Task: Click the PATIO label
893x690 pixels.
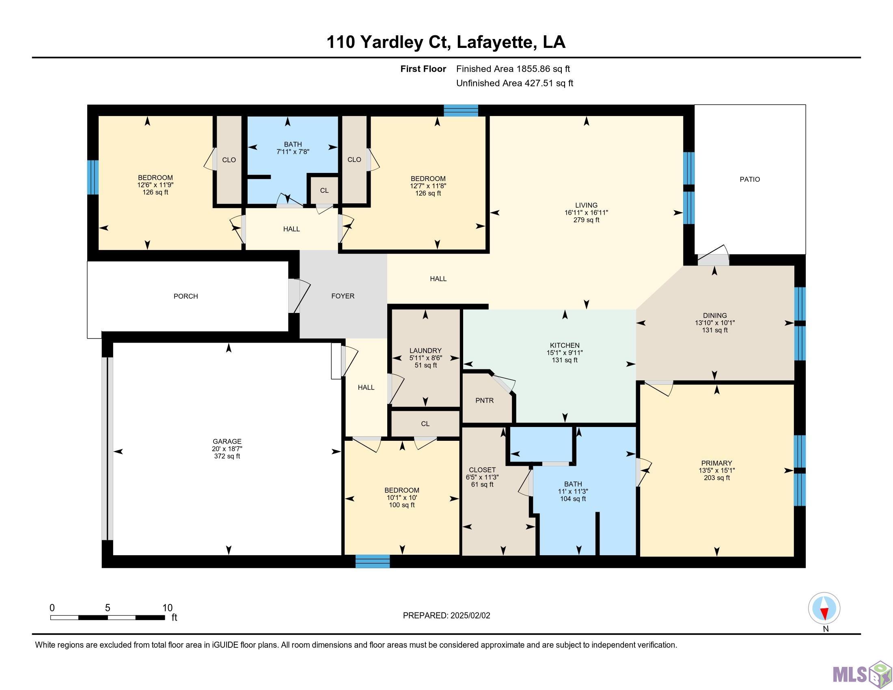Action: tap(750, 179)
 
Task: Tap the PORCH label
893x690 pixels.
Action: tap(186, 296)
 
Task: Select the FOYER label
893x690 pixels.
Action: tap(343, 296)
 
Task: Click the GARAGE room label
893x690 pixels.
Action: tap(227, 442)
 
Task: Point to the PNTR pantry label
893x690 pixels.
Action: tap(485, 401)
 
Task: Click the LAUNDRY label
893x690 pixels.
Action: tap(426, 351)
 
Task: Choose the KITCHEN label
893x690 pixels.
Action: tap(565, 345)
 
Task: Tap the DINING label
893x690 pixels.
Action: tap(715, 315)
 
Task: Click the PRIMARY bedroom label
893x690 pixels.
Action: tap(716, 463)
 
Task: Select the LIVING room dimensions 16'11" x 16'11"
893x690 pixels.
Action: tap(587, 213)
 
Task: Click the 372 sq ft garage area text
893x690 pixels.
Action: tap(227, 456)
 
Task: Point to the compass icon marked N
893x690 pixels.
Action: tap(824, 608)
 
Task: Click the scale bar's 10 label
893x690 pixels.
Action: tap(167, 608)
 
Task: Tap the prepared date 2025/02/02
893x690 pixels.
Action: tap(470, 616)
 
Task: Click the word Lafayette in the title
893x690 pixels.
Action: tap(495, 43)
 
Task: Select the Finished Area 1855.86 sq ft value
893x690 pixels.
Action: tap(513, 69)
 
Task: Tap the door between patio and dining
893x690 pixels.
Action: tap(713, 257)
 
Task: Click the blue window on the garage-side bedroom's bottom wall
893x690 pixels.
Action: tap(373, 561)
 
